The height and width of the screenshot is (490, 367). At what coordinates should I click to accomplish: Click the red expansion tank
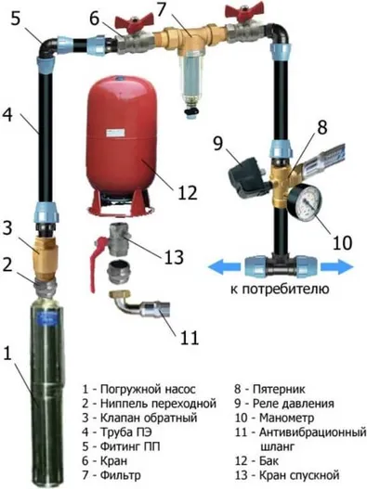point(122,144)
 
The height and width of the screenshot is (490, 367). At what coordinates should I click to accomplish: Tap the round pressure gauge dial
point(305,201)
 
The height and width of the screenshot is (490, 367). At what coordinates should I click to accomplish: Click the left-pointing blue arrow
point(224,267)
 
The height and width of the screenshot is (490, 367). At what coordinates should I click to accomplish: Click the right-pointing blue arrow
point(337,267)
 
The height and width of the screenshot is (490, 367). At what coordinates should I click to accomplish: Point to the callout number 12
point(188,192)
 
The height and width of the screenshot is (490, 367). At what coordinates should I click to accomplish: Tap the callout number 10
point(342,242)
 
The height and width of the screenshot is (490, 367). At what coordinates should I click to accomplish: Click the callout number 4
point(7,115)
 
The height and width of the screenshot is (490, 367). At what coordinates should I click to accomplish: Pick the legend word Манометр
point(286,418)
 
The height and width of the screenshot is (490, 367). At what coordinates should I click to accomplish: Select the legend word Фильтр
point(120,475)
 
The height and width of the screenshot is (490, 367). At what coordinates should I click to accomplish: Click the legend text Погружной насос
point(148,390)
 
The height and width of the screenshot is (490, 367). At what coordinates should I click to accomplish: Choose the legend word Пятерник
point(279,389)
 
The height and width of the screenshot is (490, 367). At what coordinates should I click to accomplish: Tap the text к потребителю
point(280,289)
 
